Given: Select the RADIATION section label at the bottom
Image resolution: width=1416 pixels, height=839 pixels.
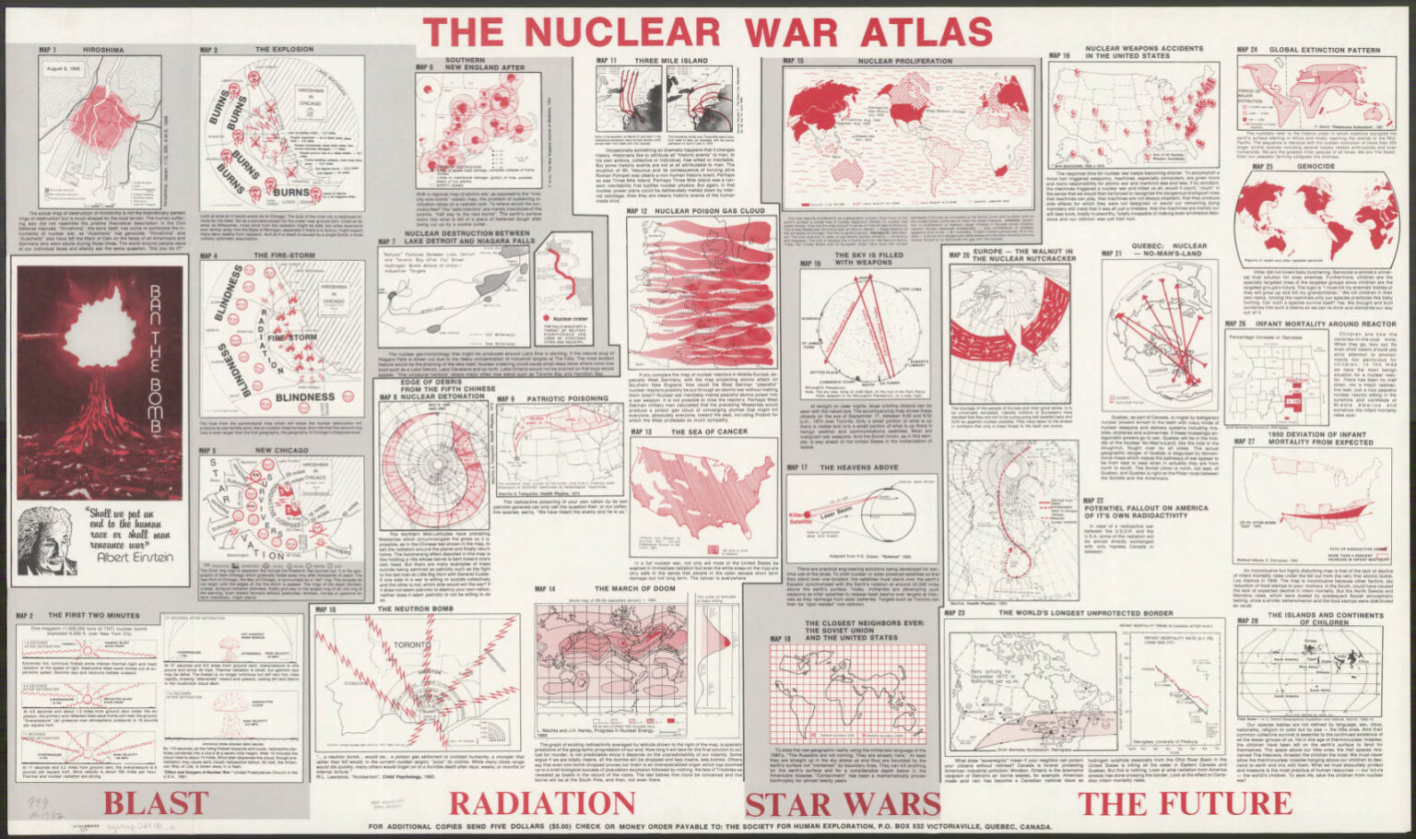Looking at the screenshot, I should coord(542,802).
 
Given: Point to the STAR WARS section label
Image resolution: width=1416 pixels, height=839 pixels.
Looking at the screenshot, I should coord(842,802).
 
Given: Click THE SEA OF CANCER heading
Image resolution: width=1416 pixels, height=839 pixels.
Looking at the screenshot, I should coord(689,431).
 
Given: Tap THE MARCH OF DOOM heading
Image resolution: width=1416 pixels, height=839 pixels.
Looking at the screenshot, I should coord(634,588).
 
